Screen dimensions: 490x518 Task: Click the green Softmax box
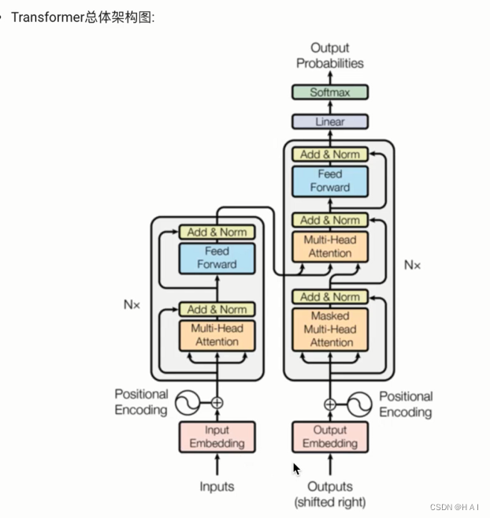330,92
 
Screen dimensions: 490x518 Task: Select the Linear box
330,121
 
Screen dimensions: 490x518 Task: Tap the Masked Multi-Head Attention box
330,330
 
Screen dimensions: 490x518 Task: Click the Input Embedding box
217,437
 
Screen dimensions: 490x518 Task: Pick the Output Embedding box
330,437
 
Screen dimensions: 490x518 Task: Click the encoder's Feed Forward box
217,259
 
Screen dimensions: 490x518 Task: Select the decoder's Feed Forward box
330,181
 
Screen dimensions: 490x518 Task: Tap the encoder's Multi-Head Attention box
217,335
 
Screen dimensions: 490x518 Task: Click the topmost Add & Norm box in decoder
330,155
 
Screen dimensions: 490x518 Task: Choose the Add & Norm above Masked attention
330,297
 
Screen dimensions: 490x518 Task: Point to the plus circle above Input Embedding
217,403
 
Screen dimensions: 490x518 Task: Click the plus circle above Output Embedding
330,404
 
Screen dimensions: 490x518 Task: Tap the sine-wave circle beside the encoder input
187,403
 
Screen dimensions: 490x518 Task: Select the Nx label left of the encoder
132,304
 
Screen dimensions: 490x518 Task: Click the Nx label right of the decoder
413,265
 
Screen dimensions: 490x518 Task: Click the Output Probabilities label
330,55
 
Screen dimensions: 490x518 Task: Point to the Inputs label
217,486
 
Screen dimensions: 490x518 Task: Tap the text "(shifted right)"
330,502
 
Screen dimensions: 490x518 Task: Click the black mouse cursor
296,469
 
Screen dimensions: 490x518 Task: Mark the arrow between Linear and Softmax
330,107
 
